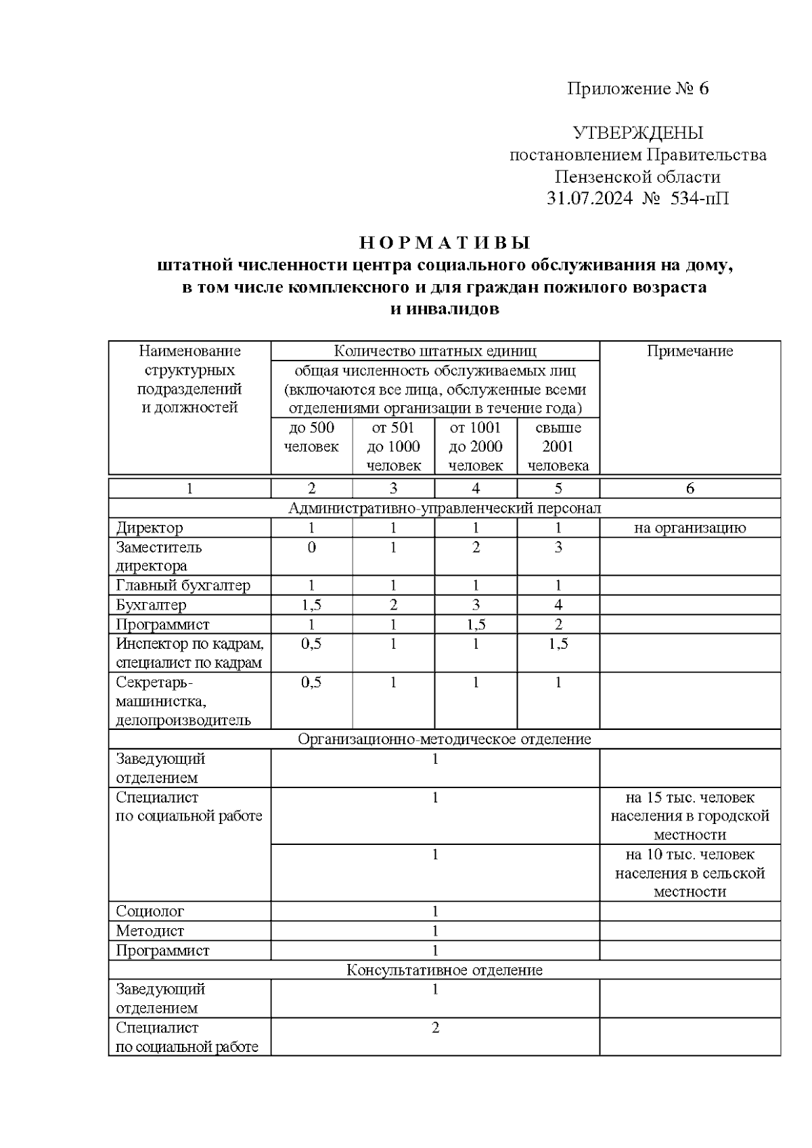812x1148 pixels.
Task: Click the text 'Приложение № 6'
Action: (x=637, y=89)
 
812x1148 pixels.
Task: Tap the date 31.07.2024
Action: (x=589, y=199)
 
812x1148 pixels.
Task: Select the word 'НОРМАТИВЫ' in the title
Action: (x=445, y=243)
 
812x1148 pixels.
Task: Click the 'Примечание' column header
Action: (x=690, y=350)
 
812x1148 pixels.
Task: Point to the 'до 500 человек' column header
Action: (x=311, y=437)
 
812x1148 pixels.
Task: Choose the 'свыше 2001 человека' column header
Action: (x=558, y=446)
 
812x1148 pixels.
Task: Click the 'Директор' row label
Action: (x=150, y=528)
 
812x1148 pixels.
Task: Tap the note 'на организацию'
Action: (x=690, y=528)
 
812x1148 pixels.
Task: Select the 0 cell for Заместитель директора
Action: (x=311, y=547)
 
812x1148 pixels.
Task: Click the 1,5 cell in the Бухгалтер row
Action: (x=311, y=605)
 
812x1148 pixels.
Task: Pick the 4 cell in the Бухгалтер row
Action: (x=558, y=605)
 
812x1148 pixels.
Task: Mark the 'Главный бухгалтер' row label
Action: (x=183, y=585)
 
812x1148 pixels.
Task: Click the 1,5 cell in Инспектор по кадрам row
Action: (x=558, y=643)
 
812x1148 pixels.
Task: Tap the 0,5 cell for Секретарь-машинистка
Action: (x=311, y=683)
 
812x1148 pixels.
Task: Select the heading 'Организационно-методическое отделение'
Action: (x=445, y=739)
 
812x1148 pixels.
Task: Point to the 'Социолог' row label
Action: (x=150, y=911)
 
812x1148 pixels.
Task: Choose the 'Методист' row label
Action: (x=150, y=931)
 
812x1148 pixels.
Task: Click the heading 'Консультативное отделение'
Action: (x=445, y=970)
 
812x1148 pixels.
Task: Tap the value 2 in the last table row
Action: (x=435, y=1028)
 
